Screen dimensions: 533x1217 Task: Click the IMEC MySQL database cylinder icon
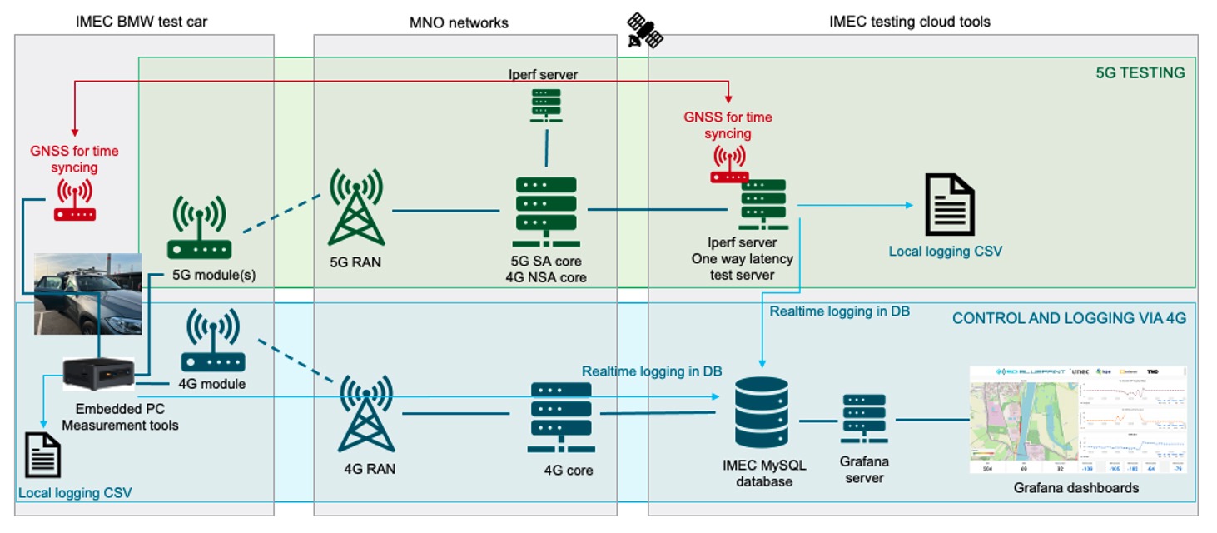tap(762, 413)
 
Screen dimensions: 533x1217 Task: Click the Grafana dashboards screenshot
tap(1078, 420)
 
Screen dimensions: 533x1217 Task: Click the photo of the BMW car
tap(87, 293)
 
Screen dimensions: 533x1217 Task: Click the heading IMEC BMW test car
tap(141, 22)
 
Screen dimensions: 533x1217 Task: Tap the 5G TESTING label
tap(1140, 72)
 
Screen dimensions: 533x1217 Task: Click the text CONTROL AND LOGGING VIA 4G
tap(1069, 318)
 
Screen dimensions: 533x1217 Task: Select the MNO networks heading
tap(459, 22)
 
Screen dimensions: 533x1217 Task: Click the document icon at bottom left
tap(43, 455)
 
